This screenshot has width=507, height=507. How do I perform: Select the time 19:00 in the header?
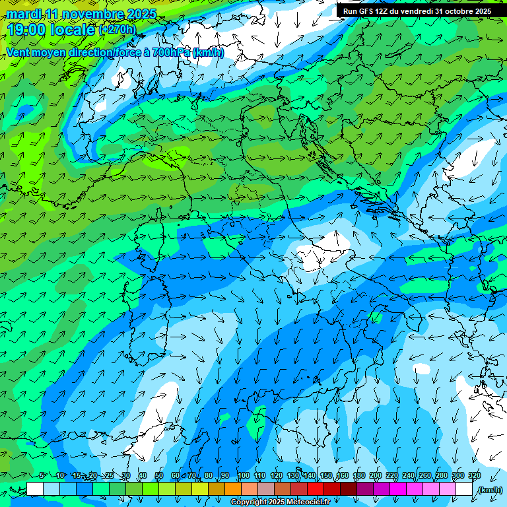point(27,30)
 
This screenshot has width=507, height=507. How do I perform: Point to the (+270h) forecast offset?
point(117,30)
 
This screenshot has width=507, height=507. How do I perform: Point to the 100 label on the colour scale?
point(244,475)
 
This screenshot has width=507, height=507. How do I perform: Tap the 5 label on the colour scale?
point(42,475)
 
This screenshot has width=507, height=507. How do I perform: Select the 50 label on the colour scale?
point(159,475)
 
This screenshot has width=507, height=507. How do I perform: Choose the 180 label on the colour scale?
point(359,475)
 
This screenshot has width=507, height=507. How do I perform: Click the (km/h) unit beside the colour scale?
point(490,490)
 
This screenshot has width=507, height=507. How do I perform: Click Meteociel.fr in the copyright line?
point(306,502)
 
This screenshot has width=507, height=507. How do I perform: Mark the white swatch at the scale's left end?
point(35,489)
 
